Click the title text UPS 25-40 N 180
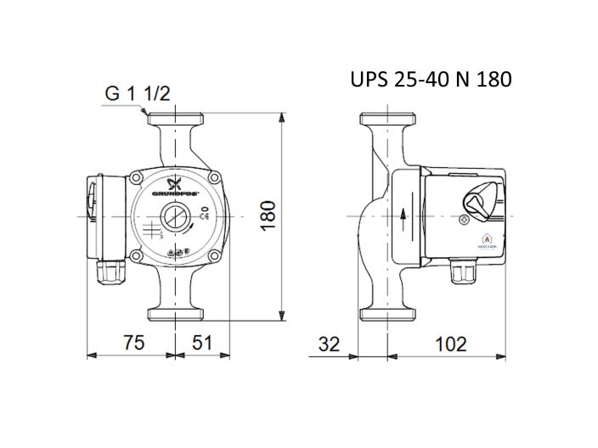[431, 80]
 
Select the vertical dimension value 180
[268, 216]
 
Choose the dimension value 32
[329, 344]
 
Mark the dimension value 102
[449, 344]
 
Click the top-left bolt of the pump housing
[138, 178]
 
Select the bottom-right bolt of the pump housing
[216, 255]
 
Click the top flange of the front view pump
[176, 119]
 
